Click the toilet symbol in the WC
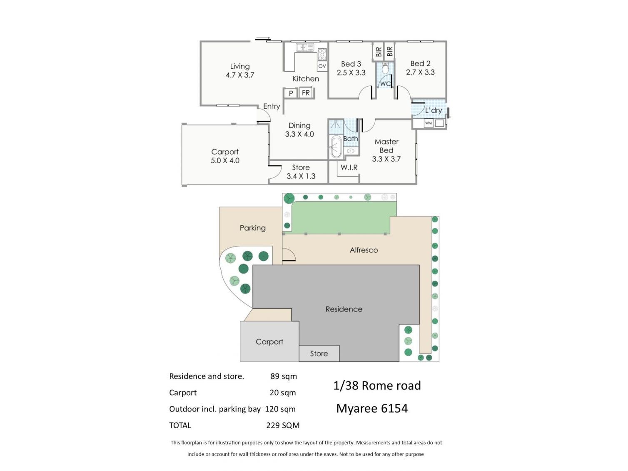385,68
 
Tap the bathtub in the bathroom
336,146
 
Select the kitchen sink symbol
305,47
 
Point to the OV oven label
322,66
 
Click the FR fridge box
306,93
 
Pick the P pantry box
291,93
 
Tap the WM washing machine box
429,123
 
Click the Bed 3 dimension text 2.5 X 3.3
351,73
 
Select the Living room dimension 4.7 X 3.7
240,75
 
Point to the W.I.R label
349,167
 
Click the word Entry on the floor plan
272,107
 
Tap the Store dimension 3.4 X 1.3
301,176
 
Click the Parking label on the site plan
252,228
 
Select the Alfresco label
364,250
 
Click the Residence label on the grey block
344,309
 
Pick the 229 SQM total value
283,426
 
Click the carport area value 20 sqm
283,393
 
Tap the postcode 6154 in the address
394,409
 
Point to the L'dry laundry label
434,110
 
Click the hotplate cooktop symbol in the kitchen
322,55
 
